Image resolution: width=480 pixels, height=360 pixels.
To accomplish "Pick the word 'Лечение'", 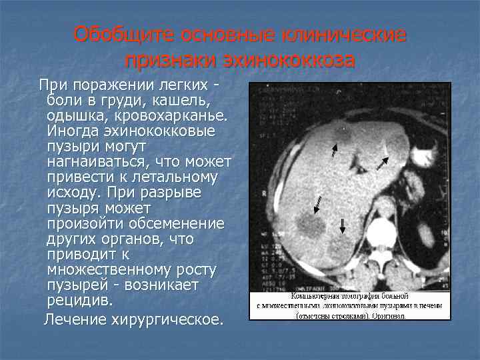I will [x=70, y=320].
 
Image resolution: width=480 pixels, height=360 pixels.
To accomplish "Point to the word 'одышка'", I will [x=73, y=115].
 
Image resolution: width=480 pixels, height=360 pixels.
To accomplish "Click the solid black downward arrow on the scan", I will [x=342, y=225].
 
